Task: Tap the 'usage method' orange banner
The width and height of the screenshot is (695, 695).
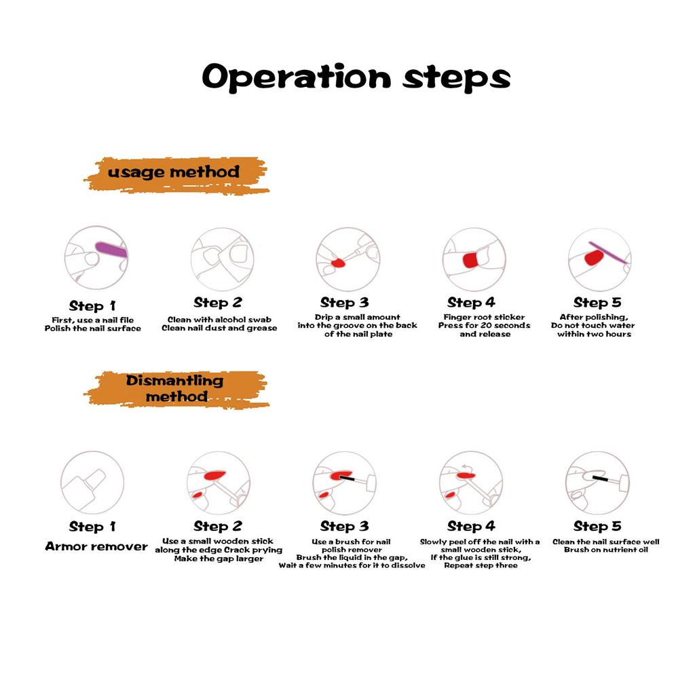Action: tap(176, 174)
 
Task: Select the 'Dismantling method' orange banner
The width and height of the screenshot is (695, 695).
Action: tap(176, 389)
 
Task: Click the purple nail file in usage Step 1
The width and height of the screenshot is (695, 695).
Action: tap(111, 250)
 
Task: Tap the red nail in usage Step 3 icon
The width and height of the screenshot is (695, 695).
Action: tap(338, 263)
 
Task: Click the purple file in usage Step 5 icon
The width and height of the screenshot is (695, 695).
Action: tap(607, 252)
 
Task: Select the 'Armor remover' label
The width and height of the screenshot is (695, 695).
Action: tap(96, 546)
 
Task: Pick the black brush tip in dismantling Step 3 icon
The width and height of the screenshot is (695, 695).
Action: tap(347, 478)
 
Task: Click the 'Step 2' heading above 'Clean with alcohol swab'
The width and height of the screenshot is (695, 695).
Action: tap(218, 303)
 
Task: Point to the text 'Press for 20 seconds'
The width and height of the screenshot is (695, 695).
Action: tap(485, 325)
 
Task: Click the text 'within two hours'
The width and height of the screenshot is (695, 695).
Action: tap(595, 334)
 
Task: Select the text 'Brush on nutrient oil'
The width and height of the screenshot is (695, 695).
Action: tap(606, 550)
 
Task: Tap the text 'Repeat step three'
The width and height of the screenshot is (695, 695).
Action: tap(481, 565)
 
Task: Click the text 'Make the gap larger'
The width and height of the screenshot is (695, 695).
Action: tap(219, 559)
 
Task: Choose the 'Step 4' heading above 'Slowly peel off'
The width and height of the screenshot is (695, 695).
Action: tap(471, 526)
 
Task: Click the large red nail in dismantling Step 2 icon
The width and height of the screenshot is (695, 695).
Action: tap(214, 476)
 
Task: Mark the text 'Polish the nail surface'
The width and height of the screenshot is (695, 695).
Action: tap(92, 328)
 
